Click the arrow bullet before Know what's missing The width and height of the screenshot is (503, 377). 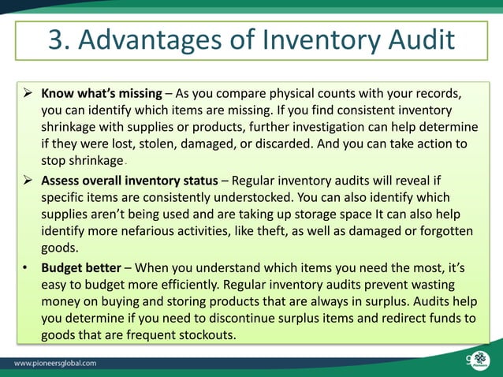tap(26, 93)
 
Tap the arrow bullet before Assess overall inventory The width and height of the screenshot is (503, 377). tap(26, 179)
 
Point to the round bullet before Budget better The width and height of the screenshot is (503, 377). tap(25, 266)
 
